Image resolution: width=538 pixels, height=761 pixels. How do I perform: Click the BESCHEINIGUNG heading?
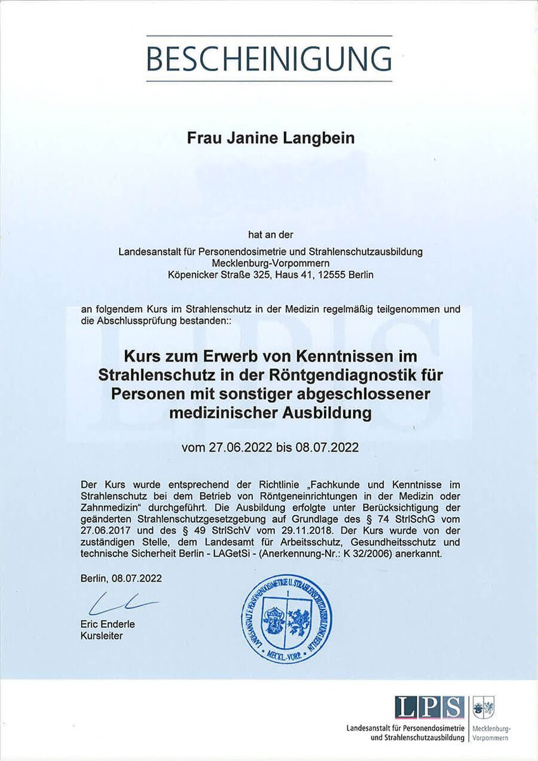(x=269, y=58)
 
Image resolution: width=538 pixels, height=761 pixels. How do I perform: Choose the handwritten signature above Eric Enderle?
(x=123, y=603)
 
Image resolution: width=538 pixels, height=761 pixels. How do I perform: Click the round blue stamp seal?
(x=286, y=619)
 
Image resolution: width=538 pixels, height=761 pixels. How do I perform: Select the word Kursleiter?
(x=102, y=635)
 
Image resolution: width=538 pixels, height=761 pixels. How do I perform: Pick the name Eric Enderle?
(x=108, y=625)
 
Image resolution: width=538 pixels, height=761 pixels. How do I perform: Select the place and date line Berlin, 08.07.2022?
(x=121, y=578)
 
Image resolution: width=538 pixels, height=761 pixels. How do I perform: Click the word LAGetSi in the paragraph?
(x=217, y=554)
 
